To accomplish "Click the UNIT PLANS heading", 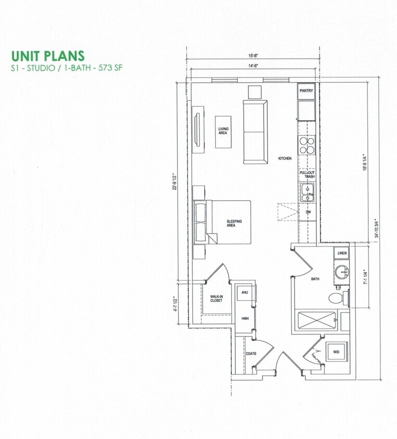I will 47,56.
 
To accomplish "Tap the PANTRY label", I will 306,91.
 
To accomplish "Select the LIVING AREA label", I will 224,131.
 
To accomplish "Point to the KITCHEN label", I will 284,158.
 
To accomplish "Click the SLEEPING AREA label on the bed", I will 234,223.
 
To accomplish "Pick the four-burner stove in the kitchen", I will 307,144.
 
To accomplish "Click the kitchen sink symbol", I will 307,193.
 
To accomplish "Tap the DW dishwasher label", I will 308,212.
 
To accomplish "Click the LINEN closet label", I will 342,253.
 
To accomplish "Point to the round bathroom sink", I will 341,272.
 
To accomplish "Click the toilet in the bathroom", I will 336,298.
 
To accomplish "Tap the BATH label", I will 315,279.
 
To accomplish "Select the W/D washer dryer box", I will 336,352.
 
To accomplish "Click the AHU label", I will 244,293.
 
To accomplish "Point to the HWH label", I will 244,318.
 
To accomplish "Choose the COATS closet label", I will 244,354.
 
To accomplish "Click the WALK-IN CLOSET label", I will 217,299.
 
